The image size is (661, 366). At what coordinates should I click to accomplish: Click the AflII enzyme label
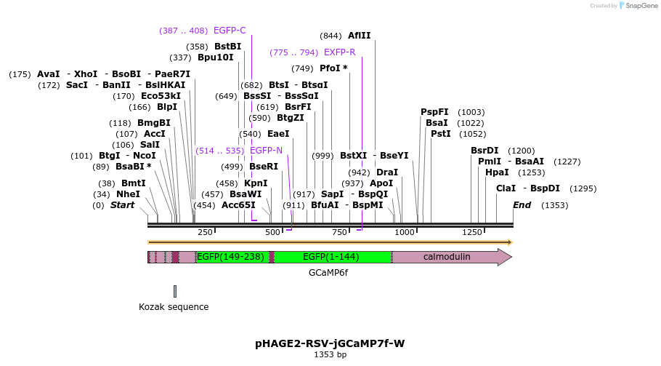(359, 36)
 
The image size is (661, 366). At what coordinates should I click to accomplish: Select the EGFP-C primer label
(230, 31)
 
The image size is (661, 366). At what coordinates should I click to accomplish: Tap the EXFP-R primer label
(339, 52)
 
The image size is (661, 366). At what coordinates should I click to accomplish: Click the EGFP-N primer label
(266, 151)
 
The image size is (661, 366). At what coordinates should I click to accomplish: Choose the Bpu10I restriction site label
(216, 57)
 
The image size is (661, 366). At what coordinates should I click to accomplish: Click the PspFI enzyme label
(434, 112)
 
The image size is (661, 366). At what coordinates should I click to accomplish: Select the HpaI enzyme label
(497, 172)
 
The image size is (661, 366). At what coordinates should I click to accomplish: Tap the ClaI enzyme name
(506, 188)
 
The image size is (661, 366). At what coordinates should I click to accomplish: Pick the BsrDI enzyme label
(484, 151)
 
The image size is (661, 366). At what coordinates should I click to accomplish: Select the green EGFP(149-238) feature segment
(232, 257)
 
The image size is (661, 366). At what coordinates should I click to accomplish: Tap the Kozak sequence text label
(174, 307)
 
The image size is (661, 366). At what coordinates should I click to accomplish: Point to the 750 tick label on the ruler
(340, 232)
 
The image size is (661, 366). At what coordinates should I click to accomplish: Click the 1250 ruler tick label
(472, 232)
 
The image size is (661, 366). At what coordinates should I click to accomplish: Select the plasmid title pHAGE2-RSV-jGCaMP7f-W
(330, 343)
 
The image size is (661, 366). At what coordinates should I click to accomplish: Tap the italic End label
(522, 205)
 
